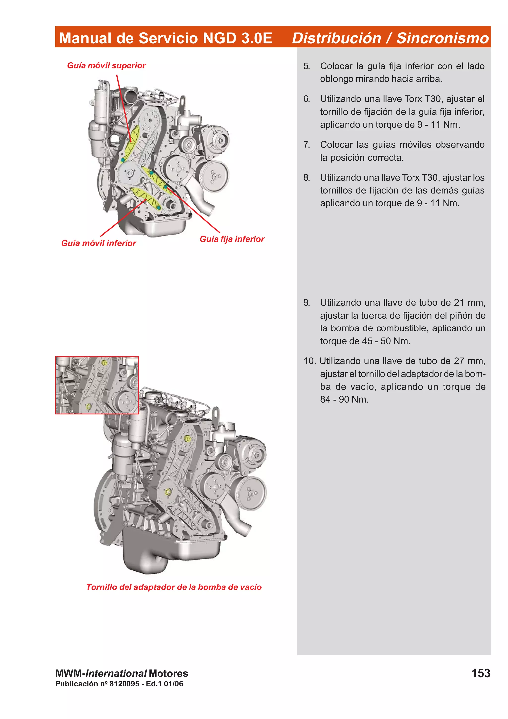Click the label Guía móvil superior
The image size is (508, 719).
pos(106,65)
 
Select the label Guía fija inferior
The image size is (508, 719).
pos(232,239)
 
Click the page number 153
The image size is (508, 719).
pos(480,673)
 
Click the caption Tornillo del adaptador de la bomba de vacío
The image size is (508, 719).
pos(174,587)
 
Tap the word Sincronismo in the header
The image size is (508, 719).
pos(442,38)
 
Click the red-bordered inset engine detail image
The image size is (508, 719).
pos(97,385)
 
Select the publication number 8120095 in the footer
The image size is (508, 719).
pos(124,684)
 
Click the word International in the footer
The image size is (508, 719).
pos(116,673)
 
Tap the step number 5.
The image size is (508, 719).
pos(306,66)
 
